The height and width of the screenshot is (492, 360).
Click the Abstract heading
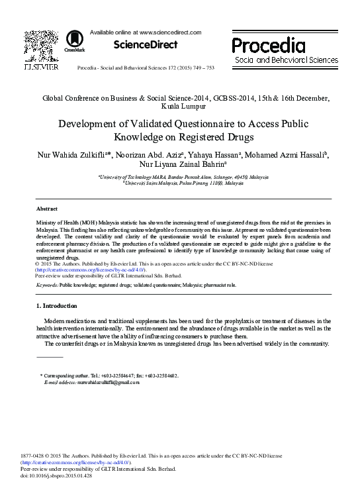click(x=46, y=207)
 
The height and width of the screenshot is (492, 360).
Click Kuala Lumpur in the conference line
click(x=180, y=105)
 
